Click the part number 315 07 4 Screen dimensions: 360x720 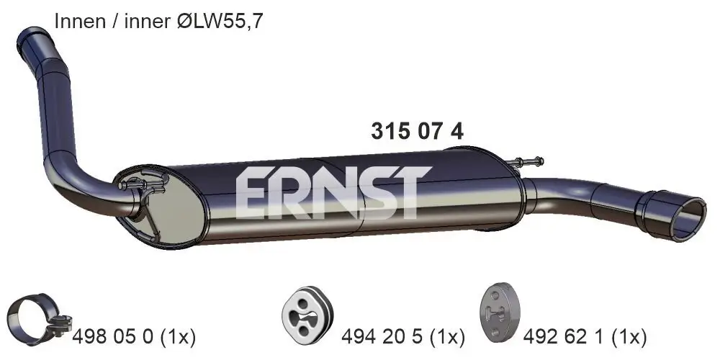tap(417, 131)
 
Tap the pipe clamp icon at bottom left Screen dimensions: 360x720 tap(36, 318)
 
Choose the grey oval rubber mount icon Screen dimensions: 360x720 tap(499, 315)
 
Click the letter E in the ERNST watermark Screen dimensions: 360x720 tap(253, 193)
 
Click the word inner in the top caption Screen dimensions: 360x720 tap(146, 22)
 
